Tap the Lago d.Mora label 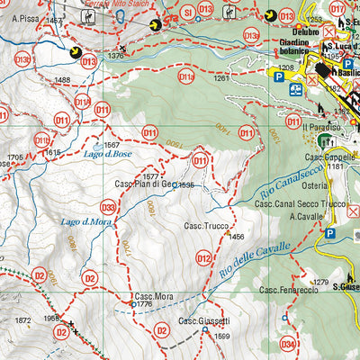click(86, 221)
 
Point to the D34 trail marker click(287, 344)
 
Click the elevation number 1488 click(62, 81)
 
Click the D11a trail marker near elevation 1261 click(186, 77)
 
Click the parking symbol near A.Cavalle click(329, 234)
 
